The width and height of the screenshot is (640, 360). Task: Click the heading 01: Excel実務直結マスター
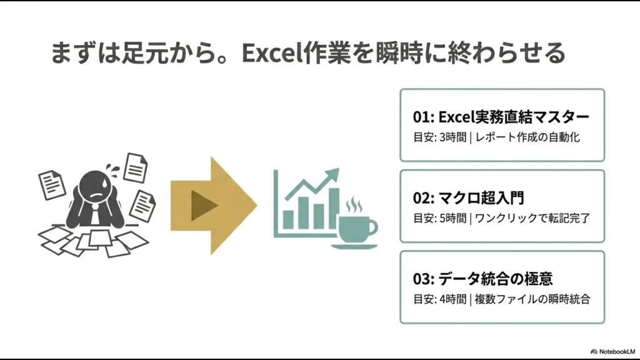(501, 117)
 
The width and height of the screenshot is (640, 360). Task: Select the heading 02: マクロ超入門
(468, 198)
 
